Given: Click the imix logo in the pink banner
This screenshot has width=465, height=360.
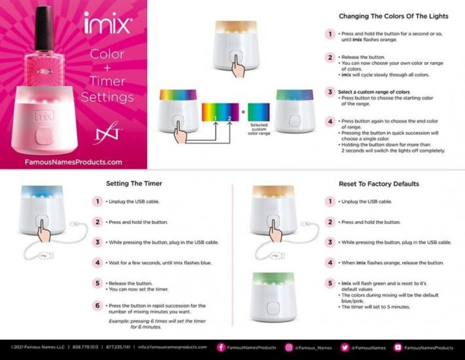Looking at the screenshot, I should pyautogui.click(x=107, y=23).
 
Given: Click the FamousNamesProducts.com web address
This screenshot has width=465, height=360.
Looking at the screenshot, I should pyautogui.click(x=73, y=162).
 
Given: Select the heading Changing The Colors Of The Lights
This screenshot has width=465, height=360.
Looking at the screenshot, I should pyautogui.click(x=393, y=16).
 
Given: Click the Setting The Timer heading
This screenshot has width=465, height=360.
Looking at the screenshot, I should pyautogui.click(x=134, y=184).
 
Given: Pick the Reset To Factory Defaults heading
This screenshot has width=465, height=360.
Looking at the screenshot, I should pyautogui.click(x=379, y=184).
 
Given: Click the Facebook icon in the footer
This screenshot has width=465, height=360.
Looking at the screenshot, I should pyautogui.click(x=221, y=347).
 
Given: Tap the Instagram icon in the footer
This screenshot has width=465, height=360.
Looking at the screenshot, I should pyautogui.click(x=289, y=347).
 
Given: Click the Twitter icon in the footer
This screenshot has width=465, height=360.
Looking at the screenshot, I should pyautogui.click(x=345, y=347).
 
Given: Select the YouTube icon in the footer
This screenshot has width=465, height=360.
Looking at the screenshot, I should pyautogui.click(x=398, y=347).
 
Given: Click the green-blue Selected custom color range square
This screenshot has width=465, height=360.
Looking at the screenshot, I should pyautogui.click(x=259, y=112).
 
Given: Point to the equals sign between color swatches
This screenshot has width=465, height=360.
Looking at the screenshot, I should pyautogui.click(x=243, y=112).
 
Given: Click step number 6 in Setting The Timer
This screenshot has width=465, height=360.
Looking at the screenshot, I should pyautogui.click(x=97, y=306).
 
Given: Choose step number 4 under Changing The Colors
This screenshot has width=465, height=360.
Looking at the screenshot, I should pyautogui.click(x=330, y=121).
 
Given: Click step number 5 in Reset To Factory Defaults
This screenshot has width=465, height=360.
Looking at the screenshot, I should pyautogui.click(x=330, y=283).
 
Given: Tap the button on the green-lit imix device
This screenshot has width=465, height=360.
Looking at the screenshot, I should pyautogui.click(x=273, y=308).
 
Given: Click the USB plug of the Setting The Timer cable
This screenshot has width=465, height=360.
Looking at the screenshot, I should pyautogui.click(x=46, y=256).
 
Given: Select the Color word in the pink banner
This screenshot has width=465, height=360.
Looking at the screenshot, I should pyautogui.click(x=107, y=54).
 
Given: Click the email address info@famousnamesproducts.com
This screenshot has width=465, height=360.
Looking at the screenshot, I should pyautogui.click(x=173, y=347).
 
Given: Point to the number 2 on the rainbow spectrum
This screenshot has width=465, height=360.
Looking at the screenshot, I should pyautogui.click(x=229, y=118).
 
